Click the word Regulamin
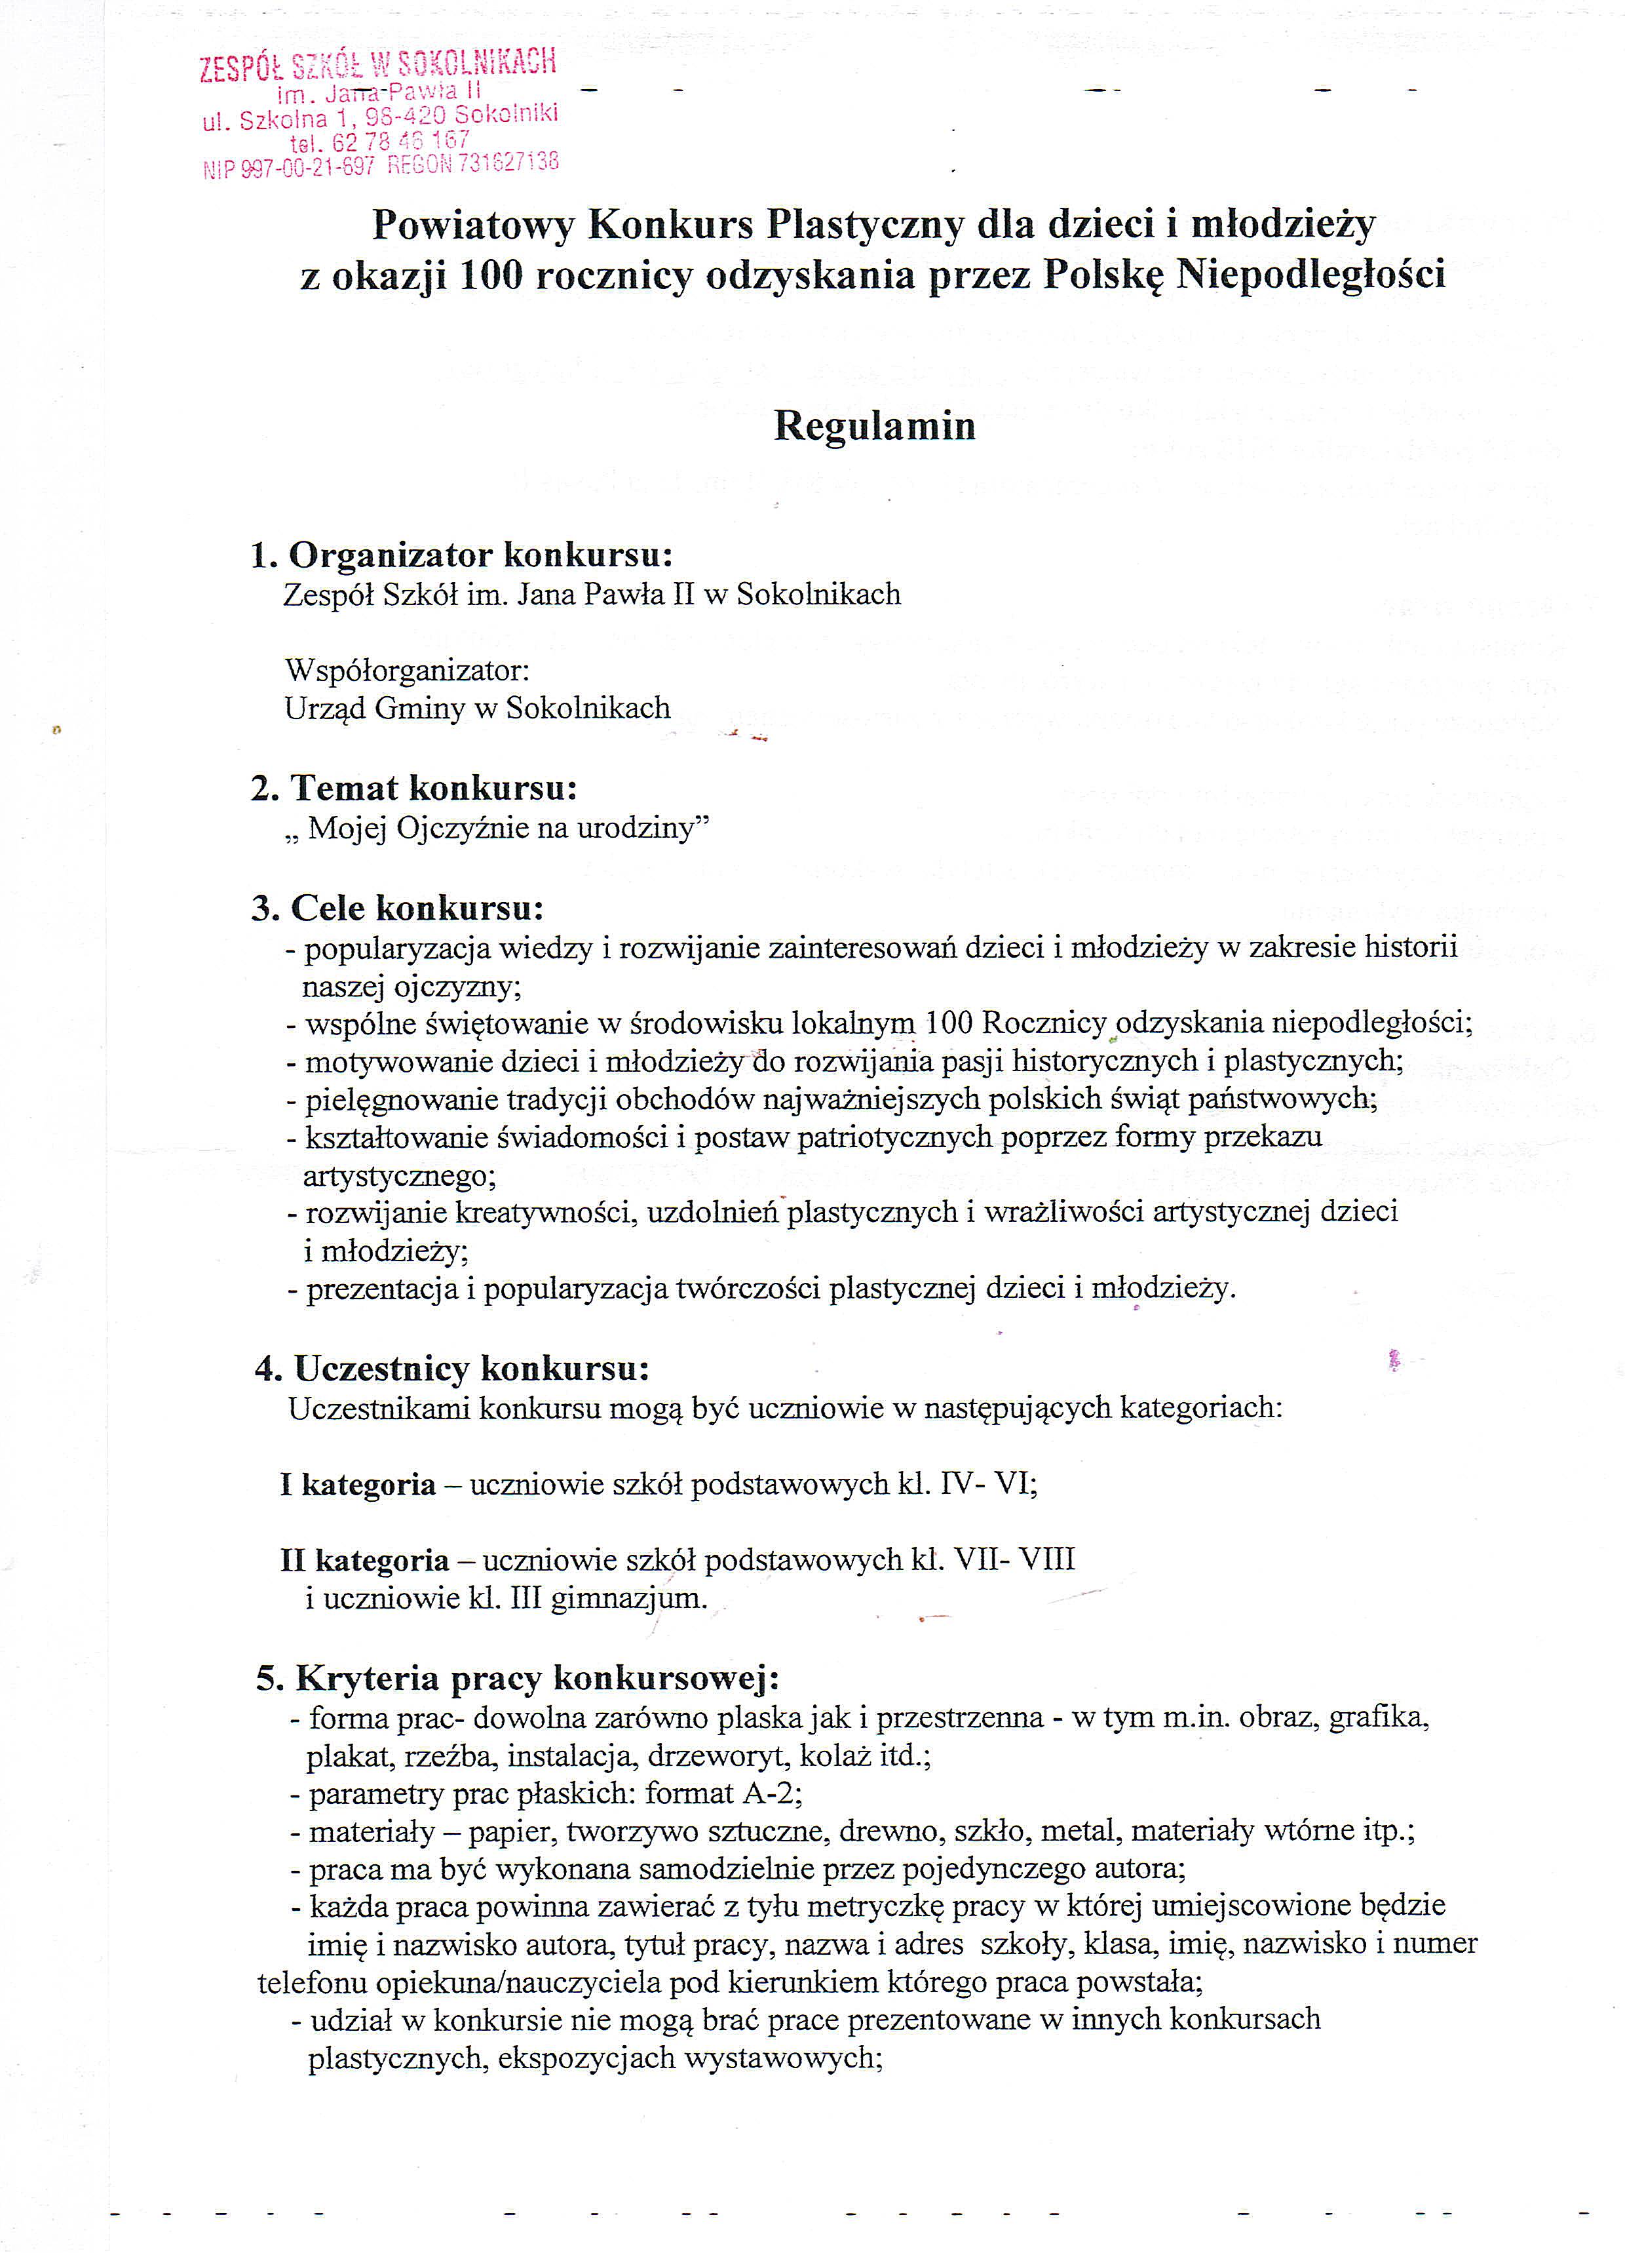tap(874, 426)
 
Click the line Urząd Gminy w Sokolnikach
tap(477, 709)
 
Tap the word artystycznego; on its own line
tap(399, 1176)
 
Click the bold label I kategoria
tap(358, 1484)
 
